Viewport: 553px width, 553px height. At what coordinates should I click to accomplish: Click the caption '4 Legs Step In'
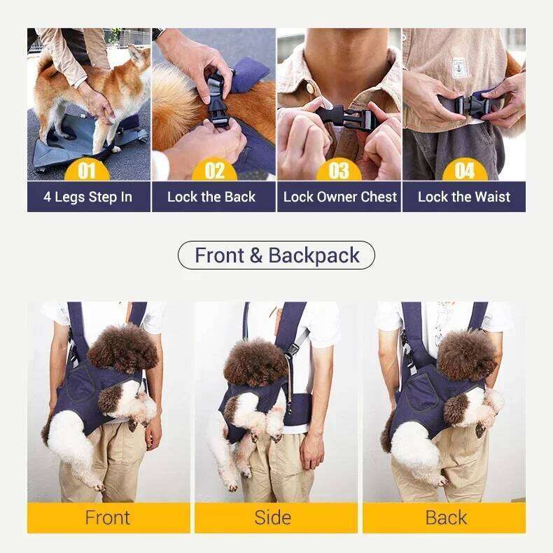coord(88,197)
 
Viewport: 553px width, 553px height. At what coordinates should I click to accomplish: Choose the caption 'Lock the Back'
coord(211,197)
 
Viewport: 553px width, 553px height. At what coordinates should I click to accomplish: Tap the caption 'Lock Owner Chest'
coord(339,197)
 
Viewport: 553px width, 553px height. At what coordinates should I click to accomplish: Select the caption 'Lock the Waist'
coord(463,197)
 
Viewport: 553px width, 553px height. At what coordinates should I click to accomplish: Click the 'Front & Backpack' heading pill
coord(276,255)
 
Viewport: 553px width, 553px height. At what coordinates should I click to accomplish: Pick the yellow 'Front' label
coord(108,517)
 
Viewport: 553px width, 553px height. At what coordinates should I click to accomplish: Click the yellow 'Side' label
coord(272,517)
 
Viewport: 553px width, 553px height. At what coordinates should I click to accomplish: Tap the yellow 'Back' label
coord(445,517)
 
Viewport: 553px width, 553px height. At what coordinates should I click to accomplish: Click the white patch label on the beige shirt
coord(460,66)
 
